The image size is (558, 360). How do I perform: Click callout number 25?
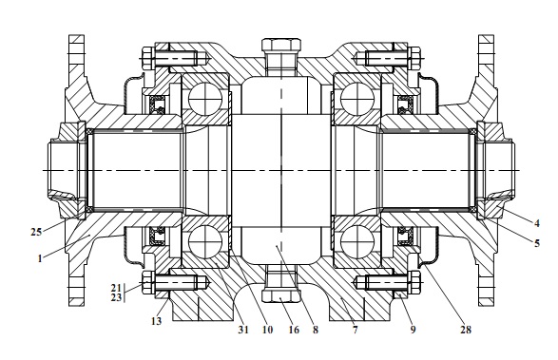36,233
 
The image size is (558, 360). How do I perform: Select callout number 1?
40,258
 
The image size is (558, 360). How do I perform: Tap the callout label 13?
156,321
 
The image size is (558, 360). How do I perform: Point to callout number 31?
243,330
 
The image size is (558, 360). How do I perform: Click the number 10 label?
267,330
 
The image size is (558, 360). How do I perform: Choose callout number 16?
294,330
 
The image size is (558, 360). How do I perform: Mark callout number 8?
316,330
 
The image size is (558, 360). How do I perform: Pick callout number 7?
355,330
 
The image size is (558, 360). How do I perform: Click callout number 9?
413,330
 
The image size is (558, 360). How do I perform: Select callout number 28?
466,330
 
